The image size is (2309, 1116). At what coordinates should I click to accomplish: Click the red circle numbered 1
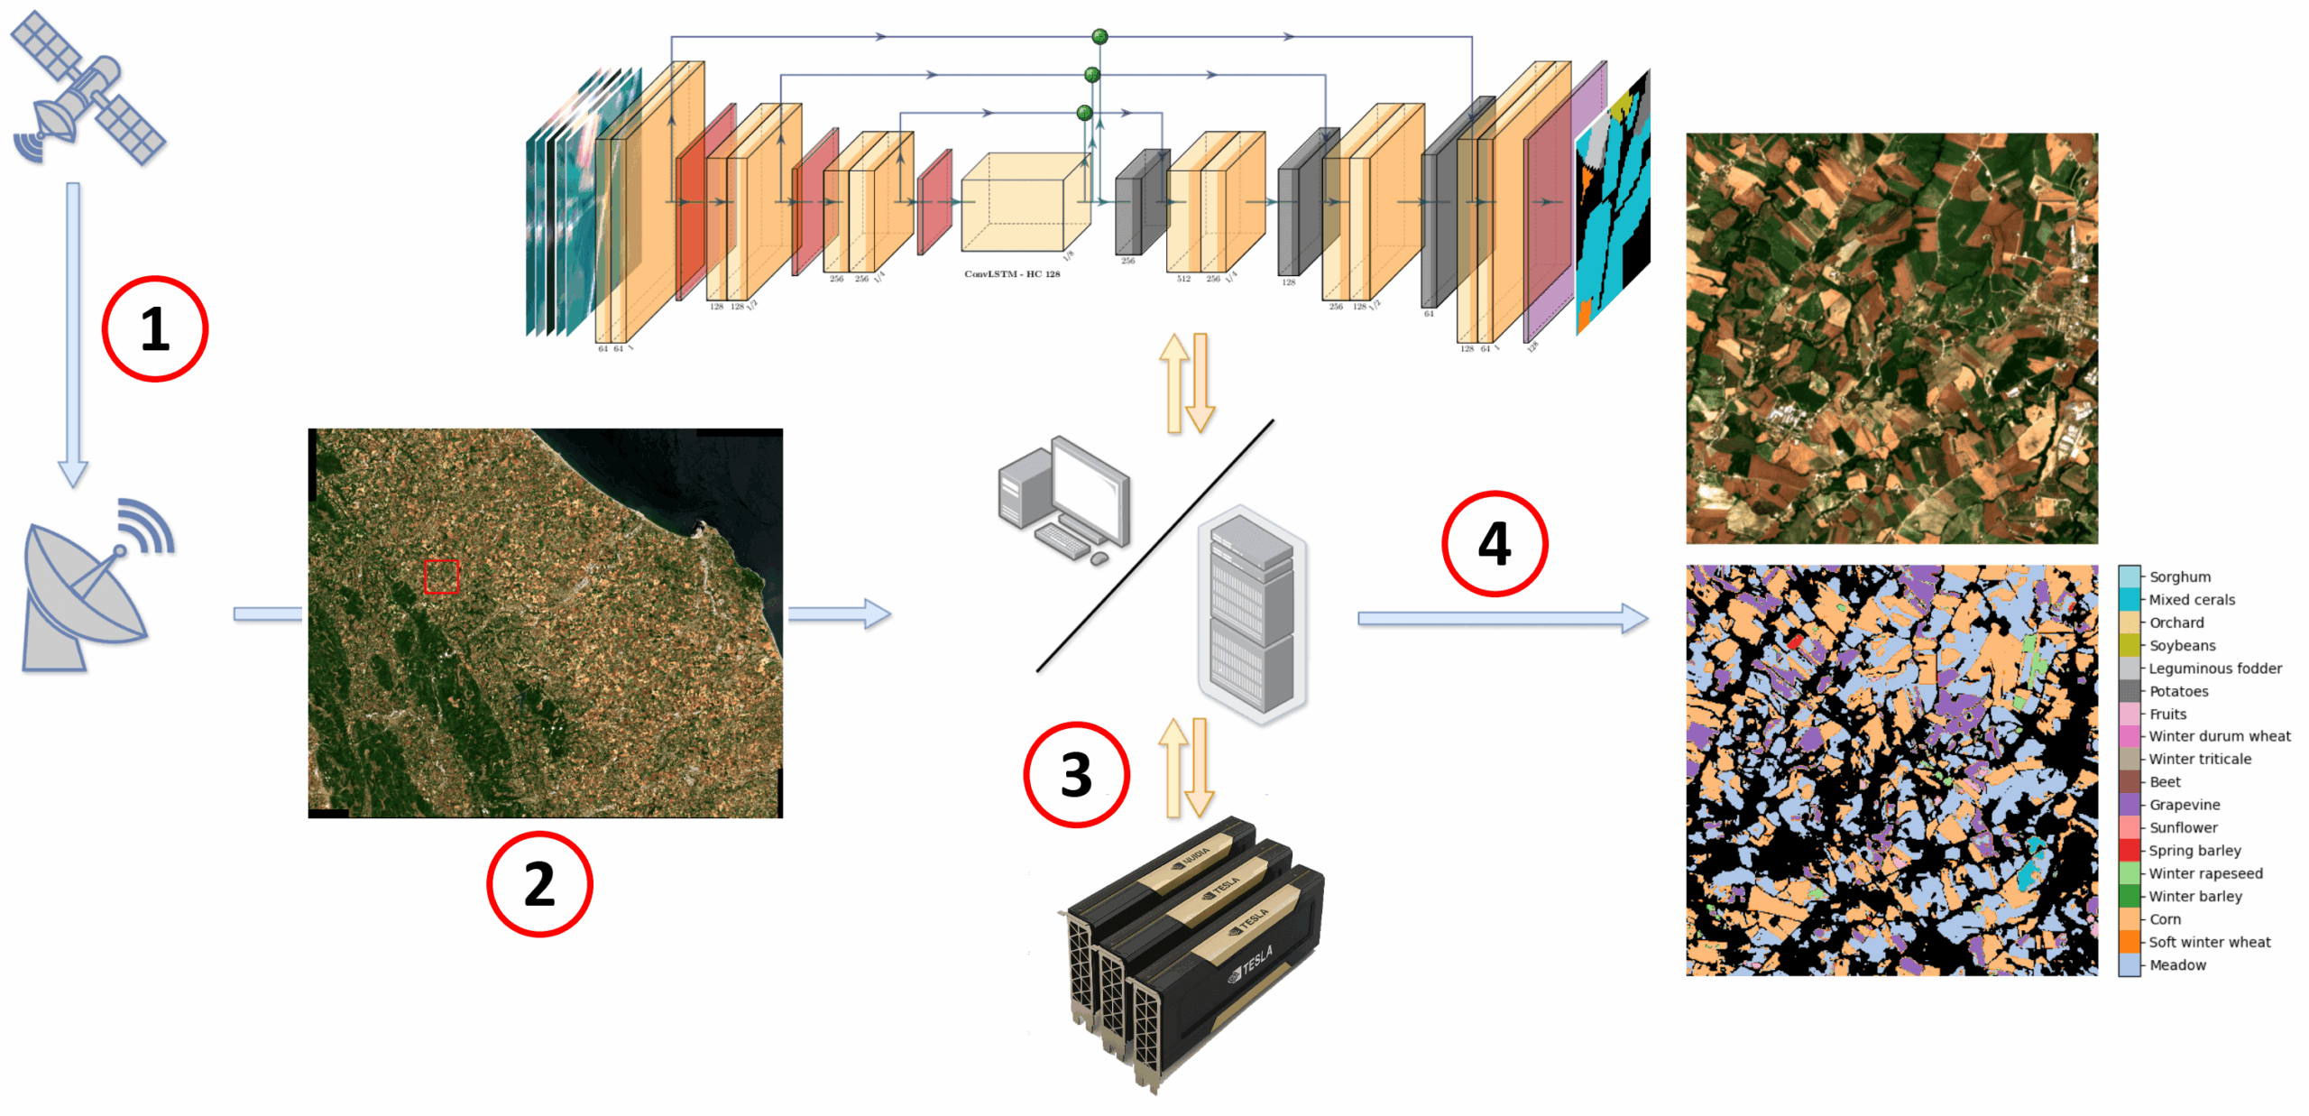(154, 328)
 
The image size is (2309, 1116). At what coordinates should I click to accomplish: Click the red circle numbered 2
(539, 883)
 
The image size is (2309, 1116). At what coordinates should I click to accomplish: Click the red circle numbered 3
(1076, 774)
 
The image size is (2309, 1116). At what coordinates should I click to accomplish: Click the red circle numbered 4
(1495, 543)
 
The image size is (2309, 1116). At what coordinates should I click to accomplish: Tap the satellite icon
(87, 88)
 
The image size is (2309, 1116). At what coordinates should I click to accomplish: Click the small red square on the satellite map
(442, 576)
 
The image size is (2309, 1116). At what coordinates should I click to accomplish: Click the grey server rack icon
(1252, 613)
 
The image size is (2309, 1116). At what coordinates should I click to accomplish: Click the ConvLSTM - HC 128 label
(1012, 273)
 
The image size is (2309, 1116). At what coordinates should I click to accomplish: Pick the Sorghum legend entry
(2179, 576)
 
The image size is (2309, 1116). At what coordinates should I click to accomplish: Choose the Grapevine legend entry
(2184, 805)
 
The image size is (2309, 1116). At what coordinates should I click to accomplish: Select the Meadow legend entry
(2177, 965)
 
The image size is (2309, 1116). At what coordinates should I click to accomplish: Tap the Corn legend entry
(2165, 919)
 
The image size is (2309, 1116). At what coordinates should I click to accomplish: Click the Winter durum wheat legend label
(2219, 736)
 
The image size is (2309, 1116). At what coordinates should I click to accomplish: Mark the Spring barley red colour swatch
(2130, 851)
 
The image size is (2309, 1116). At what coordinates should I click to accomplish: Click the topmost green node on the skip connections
(1099, 37)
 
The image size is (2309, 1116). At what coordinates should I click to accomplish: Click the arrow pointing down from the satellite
(73, 334)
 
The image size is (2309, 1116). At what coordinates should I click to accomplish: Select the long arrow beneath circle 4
(1502, 618)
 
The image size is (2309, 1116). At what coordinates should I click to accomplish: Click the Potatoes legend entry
(2178, 691)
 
